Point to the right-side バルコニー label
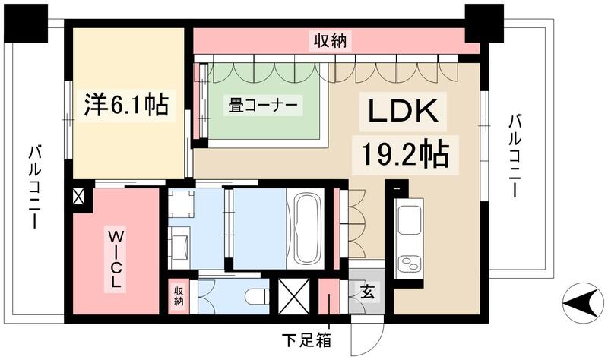point(516,156)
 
